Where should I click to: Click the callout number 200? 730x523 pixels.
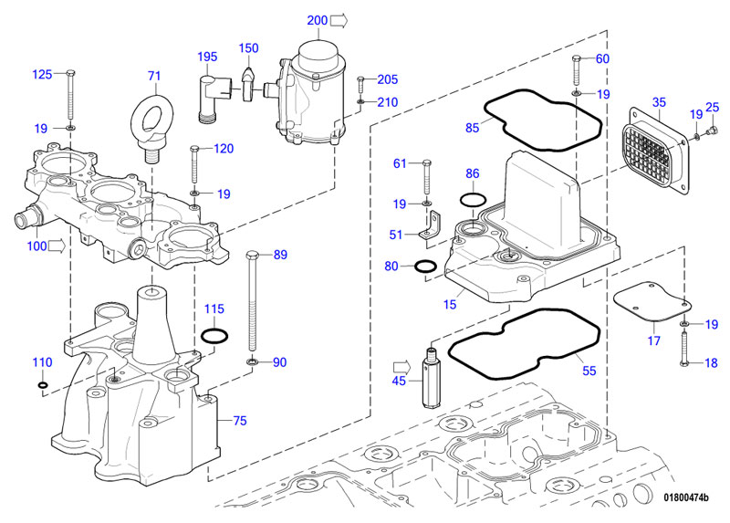point(316,20)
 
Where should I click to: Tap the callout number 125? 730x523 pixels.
point(43,74)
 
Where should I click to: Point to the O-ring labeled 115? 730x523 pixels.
point(214,337)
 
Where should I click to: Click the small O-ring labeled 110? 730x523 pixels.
point(43,384)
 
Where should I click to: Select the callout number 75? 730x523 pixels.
point(240,421)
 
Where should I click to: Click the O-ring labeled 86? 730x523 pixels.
point(471,199)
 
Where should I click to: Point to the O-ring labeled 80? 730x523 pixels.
point(424,267)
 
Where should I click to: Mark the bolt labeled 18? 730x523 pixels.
point(684,350)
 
